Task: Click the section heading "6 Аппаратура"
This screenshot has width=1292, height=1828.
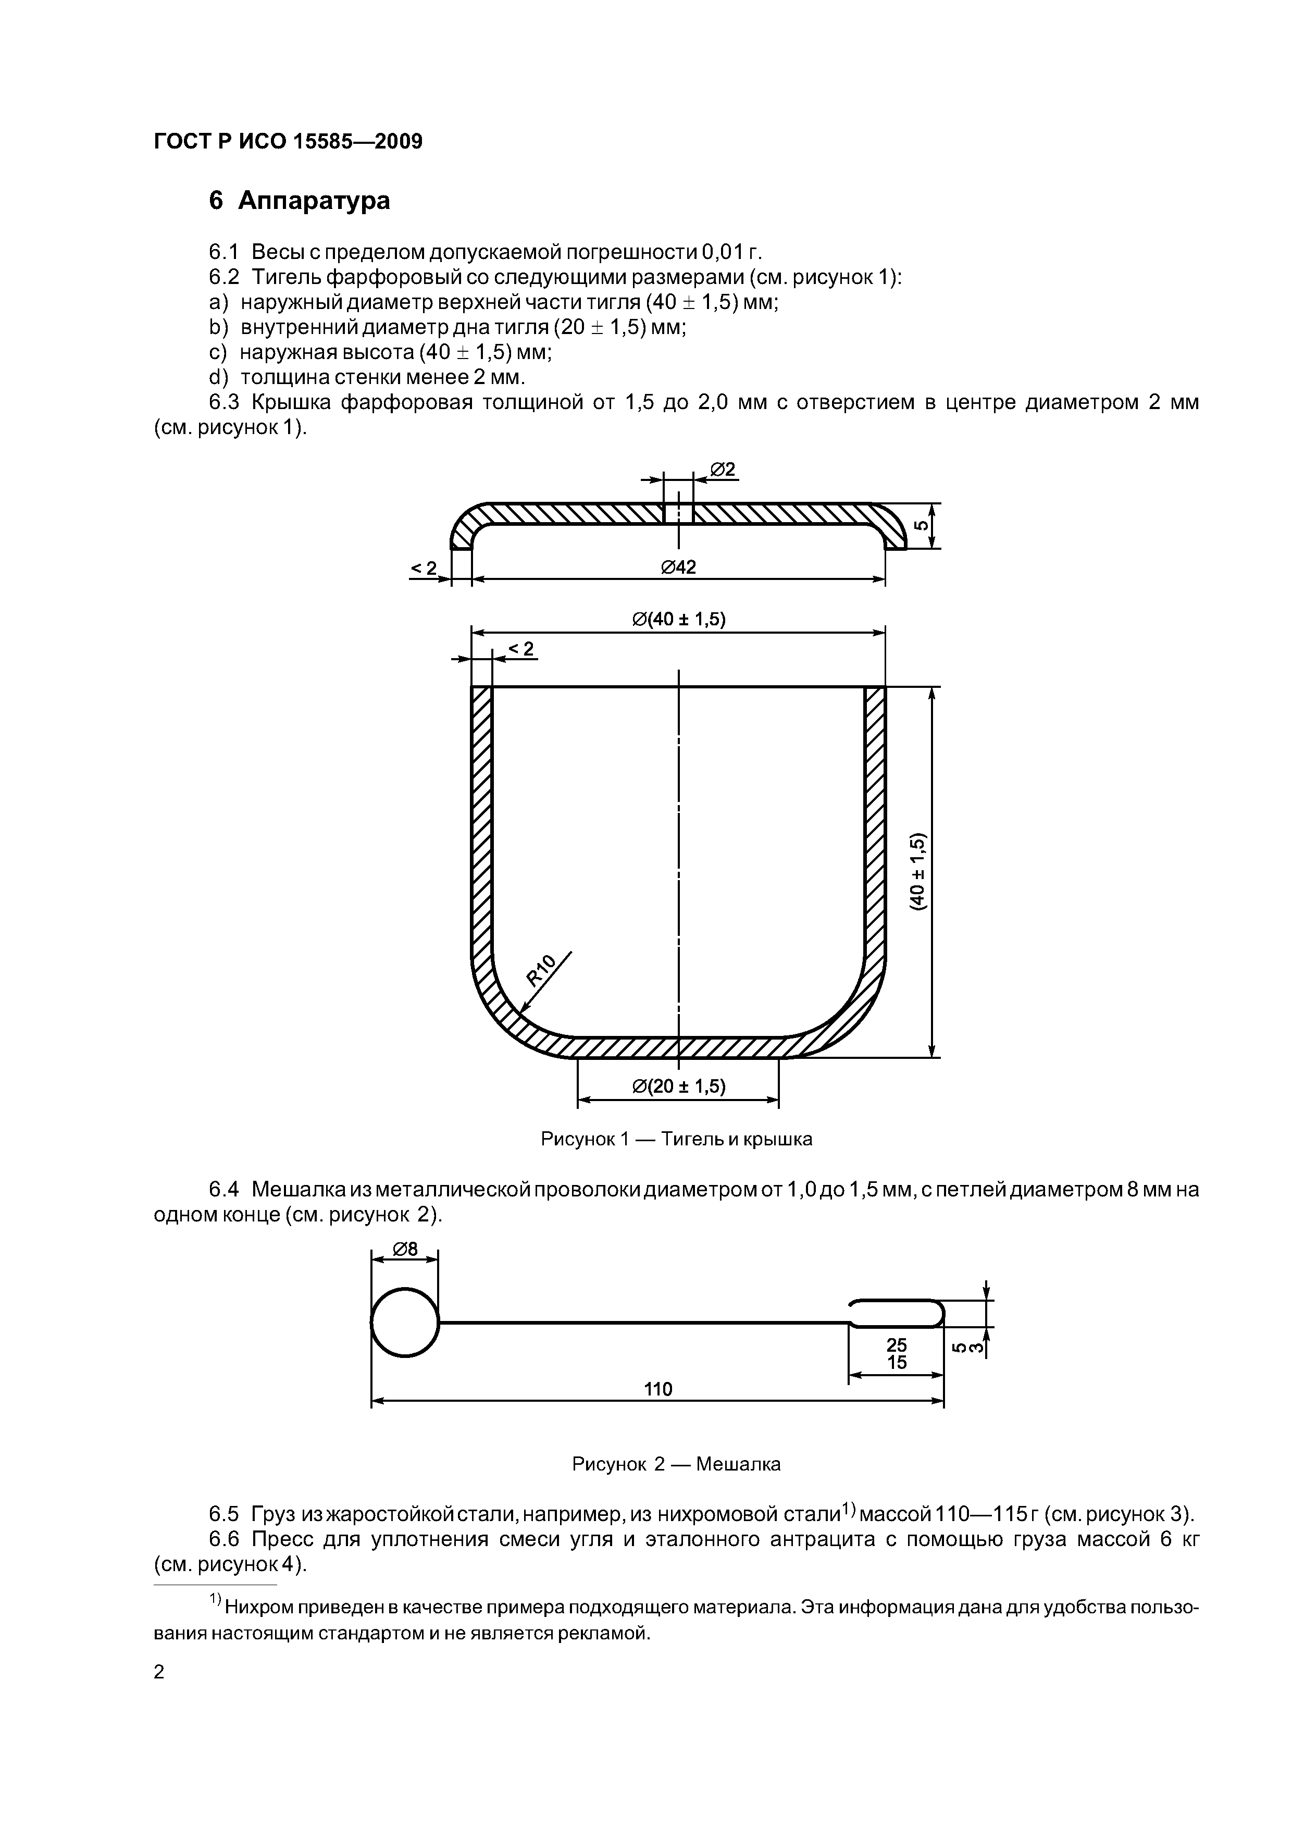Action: coord(300,201)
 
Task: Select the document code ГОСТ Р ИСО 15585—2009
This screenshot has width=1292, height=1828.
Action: coord(288,142)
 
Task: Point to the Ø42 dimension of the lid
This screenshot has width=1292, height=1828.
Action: coord(678,567)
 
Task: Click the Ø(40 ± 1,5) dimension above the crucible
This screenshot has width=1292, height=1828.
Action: coord(678,620)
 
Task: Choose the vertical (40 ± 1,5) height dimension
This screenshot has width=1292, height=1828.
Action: coord(920,872)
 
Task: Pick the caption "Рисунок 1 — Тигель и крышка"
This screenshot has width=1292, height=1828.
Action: coord(677,1139)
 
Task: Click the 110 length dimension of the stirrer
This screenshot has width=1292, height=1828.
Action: coord(657,1389)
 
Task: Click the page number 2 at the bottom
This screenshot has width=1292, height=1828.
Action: coord(159,1672)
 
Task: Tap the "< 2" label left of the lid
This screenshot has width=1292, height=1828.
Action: coord(424,567)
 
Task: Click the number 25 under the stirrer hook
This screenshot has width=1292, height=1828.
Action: coord(897,1345)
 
